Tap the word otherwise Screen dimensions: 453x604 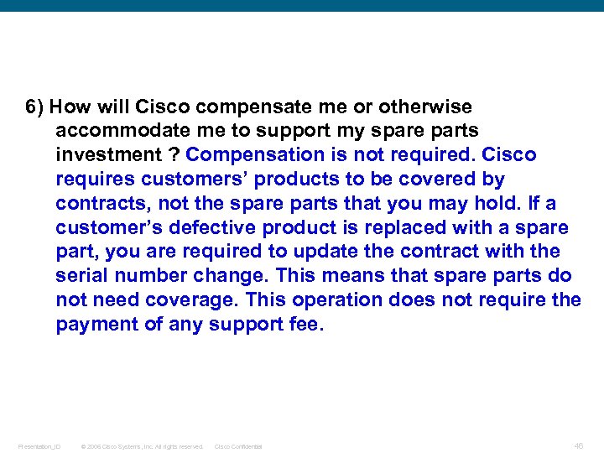click(x=425, y=107)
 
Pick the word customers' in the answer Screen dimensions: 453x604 click(x=196, y=180)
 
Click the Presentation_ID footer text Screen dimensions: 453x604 click(x=39, y=446)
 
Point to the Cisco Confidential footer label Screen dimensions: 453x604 click(x=238, y=446)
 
